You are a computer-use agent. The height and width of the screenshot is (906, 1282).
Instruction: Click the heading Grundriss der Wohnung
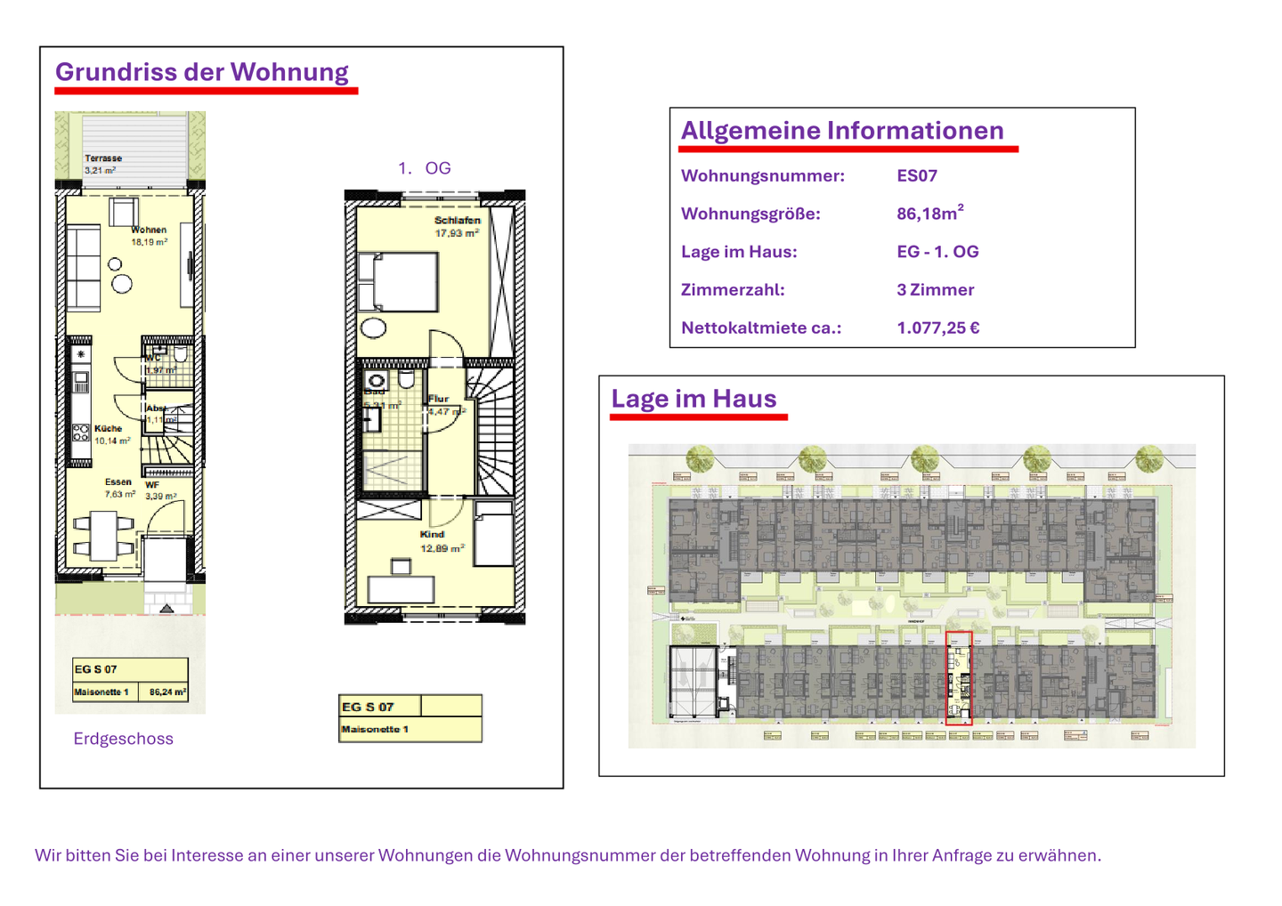202,72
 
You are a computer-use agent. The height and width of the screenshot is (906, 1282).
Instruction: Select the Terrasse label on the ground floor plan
103,158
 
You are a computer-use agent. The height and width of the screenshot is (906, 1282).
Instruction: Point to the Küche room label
109,429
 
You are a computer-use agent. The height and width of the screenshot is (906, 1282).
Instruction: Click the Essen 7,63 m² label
118,487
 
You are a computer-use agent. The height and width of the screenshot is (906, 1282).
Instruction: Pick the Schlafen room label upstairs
457,221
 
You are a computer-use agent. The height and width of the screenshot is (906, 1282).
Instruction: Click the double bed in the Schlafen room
398,282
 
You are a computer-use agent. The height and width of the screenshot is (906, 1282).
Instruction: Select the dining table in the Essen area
103,536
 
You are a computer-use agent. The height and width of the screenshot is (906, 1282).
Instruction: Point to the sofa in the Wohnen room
84,267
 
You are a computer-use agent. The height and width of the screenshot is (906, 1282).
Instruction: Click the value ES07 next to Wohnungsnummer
917,176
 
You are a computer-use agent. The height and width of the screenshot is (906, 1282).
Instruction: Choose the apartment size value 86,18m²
929,214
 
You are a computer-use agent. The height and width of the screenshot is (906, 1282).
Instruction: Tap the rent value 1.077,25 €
938,328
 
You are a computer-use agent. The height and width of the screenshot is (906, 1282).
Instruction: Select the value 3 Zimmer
935,290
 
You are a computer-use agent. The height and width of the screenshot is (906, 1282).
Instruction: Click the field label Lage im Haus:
739,252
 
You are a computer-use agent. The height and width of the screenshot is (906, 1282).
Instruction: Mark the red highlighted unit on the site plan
958,678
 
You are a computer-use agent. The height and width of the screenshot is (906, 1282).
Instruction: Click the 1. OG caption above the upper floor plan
425,168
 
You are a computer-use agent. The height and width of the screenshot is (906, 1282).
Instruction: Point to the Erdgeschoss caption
123,739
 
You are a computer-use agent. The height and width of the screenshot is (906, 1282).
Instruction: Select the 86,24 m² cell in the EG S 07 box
167,692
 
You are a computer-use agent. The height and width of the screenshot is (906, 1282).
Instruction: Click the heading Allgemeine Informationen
842,131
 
